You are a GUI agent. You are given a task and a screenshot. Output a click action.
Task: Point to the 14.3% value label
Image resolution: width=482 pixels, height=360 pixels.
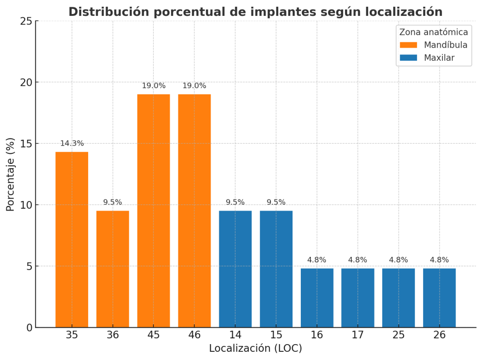(72, 144)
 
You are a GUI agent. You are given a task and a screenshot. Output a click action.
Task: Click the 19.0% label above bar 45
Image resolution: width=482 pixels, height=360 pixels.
(153, 86)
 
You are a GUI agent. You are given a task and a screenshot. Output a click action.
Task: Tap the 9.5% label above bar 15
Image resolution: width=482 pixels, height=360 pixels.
(276, 202)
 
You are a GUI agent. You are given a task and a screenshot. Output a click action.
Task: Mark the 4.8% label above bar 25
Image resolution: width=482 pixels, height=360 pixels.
(399, 260)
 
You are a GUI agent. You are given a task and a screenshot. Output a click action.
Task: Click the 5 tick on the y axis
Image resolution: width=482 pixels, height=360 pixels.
(29, 266)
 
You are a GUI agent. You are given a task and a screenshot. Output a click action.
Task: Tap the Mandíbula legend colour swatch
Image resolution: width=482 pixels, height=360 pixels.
(408, 45)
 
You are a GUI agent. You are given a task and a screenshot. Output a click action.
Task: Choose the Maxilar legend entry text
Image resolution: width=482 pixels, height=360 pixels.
(439, 58)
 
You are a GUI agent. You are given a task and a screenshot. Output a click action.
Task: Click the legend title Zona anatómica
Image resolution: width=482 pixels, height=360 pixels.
(433, 32)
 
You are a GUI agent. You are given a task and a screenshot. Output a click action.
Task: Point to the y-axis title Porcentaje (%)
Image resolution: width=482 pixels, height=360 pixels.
(11, 174)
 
